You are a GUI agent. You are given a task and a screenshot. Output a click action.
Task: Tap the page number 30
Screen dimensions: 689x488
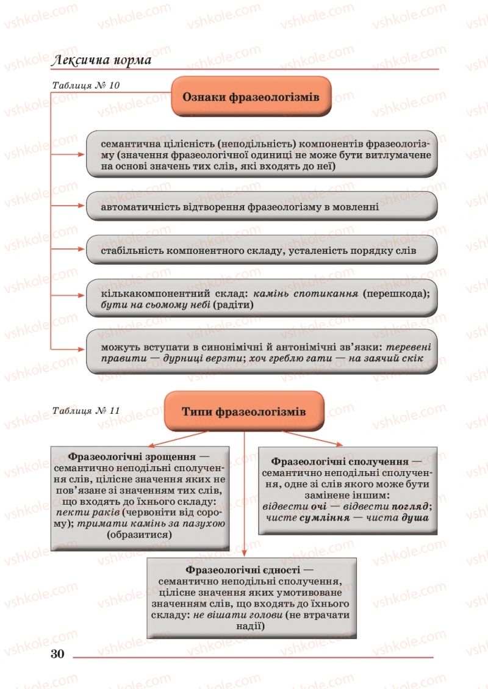point(57,654)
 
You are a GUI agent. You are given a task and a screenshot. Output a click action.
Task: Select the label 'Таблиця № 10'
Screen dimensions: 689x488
point(85,85)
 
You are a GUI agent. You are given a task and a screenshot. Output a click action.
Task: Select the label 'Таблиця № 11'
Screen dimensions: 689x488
point(86,409)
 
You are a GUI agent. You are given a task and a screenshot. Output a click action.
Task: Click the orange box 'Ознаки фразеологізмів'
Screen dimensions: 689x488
point(251,96)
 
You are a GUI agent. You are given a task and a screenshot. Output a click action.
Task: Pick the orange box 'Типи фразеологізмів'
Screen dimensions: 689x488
point(243,411)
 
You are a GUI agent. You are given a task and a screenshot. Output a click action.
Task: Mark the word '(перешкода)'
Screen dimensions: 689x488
point(396,293)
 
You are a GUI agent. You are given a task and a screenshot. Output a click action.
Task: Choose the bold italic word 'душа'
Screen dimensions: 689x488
point(414,517)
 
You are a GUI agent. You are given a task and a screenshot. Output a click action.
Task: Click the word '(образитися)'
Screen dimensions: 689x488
point(139,535)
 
